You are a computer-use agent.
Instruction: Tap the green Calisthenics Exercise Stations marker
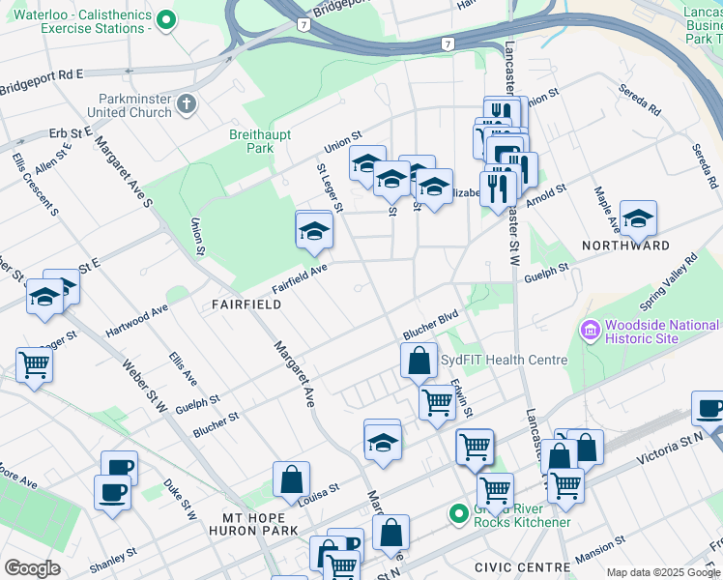166,19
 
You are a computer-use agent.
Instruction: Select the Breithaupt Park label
252,141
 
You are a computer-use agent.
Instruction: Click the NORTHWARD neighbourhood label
625,246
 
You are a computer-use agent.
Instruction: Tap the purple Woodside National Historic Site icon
589,332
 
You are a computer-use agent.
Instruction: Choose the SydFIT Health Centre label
504,360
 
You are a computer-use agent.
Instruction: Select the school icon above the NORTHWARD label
638,219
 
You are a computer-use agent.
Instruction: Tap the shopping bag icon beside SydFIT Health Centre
419,361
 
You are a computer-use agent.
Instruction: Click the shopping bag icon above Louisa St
291,479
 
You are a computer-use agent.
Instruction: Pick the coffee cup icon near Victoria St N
709,409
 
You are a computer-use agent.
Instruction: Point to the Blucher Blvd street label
430,320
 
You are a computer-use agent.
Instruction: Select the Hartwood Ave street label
137,317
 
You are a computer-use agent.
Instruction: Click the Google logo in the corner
32,568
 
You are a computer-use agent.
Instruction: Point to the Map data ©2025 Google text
663,572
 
